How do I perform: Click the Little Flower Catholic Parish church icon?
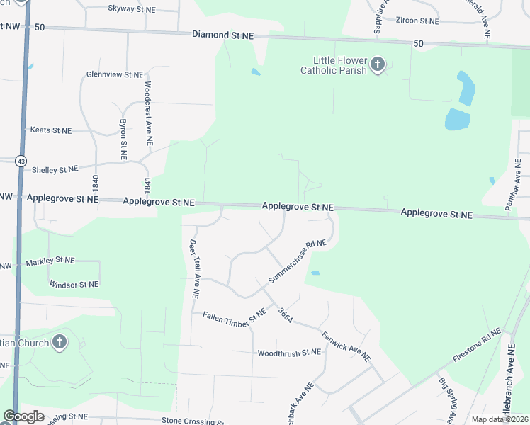coord(378,65)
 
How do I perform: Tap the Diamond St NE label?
coord(223,34)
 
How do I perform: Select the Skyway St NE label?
coord(132,9)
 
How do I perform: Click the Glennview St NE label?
coord(114,74)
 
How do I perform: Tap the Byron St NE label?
coord(123,139)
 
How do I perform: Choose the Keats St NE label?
coord(50,130)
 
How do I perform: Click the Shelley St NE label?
coord(54,169)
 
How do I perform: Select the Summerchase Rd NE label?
coord(297,262)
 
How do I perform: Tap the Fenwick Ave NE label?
coord(346,346)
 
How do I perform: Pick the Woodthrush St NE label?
coord(289,352)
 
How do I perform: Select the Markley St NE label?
coord(50,261)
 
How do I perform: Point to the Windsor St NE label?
coord(74,284)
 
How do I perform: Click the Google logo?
coord(23,416)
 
